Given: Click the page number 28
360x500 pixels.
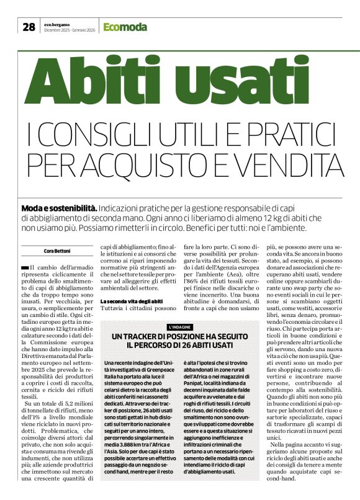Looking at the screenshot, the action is pyautogui.click(x=29, y=27).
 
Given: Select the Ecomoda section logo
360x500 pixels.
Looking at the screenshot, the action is pyautogui.click(x=125, y=27).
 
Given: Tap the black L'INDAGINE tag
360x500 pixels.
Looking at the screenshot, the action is pyautogui.click(x=180, y=326).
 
